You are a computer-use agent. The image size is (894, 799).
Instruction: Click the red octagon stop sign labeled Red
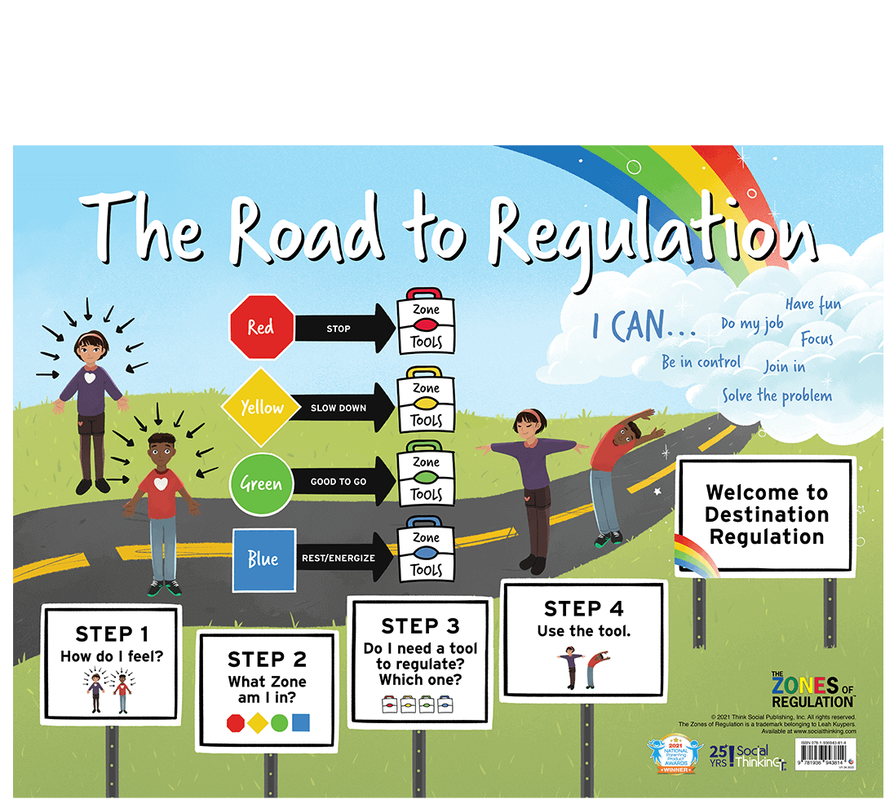click(x=261, y=327)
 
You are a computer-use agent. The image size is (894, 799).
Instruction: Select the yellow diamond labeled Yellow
click(x=261, y=407)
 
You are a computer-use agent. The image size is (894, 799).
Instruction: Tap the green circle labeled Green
click(x=261, y=483)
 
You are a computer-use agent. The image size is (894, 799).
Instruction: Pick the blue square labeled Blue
click(x=263, y=559)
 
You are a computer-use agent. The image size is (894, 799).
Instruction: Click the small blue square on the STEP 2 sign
click(x=301, y=722)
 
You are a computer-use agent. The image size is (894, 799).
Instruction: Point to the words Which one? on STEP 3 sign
click(x=418, y=679)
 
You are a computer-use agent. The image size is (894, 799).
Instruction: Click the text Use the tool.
click(x=583, y=630)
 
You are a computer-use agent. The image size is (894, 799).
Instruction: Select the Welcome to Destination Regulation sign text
click(x=766, y=514)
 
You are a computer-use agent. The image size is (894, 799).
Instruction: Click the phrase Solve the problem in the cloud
click(x=777, y=396)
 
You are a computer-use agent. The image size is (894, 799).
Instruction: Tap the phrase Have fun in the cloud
click(x=812, y=305)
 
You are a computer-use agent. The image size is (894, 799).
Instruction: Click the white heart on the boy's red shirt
click(x=162, y=483)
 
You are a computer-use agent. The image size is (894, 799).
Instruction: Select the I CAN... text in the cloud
click(x=644, y=327)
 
